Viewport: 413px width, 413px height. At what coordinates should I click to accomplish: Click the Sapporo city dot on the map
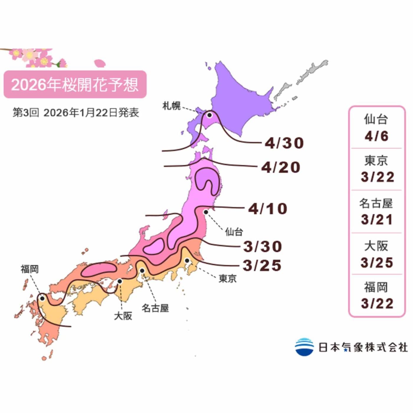coord(209,115)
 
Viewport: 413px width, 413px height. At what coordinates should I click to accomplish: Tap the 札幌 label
coord(171,106)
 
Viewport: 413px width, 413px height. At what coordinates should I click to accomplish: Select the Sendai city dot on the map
coord(206,212)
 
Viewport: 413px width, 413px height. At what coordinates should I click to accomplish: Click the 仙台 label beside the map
coord(234,232)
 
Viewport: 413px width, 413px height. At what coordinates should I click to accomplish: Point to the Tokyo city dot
coord(187,260)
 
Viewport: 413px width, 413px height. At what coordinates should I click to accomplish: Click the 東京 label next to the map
coord(227,278)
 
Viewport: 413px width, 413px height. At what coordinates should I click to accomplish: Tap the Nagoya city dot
coord(142,271)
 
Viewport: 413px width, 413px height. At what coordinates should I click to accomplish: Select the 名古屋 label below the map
coord(155,308)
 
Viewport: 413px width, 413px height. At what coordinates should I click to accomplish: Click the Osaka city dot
coord(120,281)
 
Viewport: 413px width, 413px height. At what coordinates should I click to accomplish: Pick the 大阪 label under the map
coord(123,316)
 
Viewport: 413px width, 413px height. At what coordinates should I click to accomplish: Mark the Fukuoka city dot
coord(42,299)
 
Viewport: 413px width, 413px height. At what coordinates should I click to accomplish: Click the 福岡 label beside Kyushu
coord(29,269)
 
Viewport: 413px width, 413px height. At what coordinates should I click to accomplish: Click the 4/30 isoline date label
coord(284,143)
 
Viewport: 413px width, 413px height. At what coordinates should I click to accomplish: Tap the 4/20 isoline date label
coord(281,168)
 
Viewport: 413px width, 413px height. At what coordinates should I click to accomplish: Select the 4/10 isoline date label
coord(268,209)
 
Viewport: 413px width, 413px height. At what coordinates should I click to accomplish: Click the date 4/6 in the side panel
coord(376,136)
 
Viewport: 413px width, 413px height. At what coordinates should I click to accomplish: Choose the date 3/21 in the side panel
coord(377,220)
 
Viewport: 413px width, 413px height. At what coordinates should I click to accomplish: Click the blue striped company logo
coord(304,347)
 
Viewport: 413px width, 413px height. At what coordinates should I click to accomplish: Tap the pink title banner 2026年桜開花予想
coord(75,84)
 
